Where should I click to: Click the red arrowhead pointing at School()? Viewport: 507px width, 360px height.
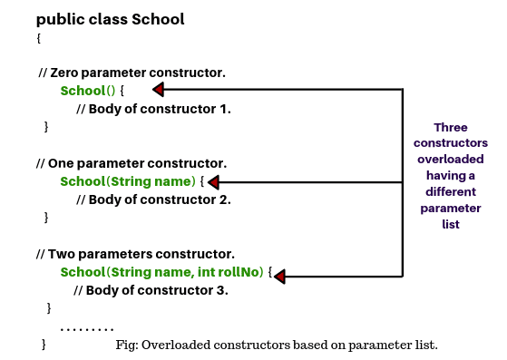pyautogui.click(x=158, y=90)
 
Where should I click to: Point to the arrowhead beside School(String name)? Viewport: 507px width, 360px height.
pyautogui.click(x=214, y=181)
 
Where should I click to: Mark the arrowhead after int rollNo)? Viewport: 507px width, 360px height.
pyautogui.click(x=279, y=275)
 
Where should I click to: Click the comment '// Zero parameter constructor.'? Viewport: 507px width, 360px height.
pyautogui.click(x=132, y=72)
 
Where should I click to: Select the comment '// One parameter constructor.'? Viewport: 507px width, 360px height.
pyautogui.click(x=132, y=163)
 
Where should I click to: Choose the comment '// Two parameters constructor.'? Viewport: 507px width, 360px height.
pyautogui.click(x=135, y=254)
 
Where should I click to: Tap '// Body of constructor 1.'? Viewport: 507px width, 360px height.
pyautogui.click(x=153, y=109)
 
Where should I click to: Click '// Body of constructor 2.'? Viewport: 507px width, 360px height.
pyautogui.click(x=153, y=199)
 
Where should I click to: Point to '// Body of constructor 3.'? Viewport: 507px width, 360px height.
pyautogui.click(x=151, y=290)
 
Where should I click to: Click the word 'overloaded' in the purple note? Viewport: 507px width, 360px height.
pyautogui.click(x=450, y=160)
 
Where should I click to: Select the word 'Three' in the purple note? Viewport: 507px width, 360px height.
pyautogui.click(x=451, y=127)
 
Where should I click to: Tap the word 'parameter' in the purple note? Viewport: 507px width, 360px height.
pyautogui.click(x=451, y=209)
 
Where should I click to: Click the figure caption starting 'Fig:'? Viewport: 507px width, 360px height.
pyautogui.click(x=277, y=345)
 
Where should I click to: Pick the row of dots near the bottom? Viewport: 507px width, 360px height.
pyautogui.click(x=87, y=327)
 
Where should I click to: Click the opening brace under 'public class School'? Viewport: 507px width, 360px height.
pyautogui.click(x=39, y=39)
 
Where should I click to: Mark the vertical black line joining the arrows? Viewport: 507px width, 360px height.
pyautogui.click(x=402, y=181)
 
